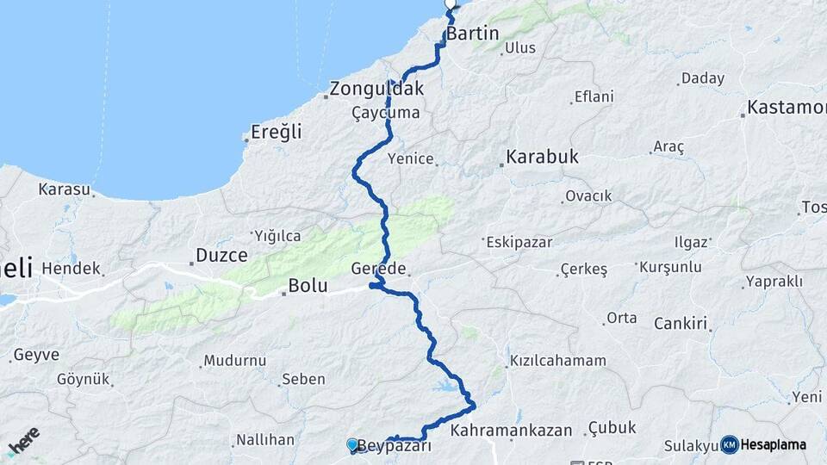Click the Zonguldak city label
[x=377, y=89]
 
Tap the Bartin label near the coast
[x=472, y=34]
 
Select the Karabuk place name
[x=542, y=158]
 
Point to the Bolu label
[x=308, y=286]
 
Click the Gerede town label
[x=378, y=268]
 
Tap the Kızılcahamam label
[x=558, y=361]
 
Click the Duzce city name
[x=221, y=255]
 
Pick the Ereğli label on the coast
[x=276, y=133]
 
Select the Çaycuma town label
[x=385, y=113]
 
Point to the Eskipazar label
[x=519, y=242]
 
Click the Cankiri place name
[x=681, y=325]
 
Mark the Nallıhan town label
[x=265, y=440]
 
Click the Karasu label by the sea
[x=64, y=189]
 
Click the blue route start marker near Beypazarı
[x=352, y=444]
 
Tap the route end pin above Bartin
[x=450, y=4]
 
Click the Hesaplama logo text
[x=773, y=444]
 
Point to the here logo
[x=24, y=441]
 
